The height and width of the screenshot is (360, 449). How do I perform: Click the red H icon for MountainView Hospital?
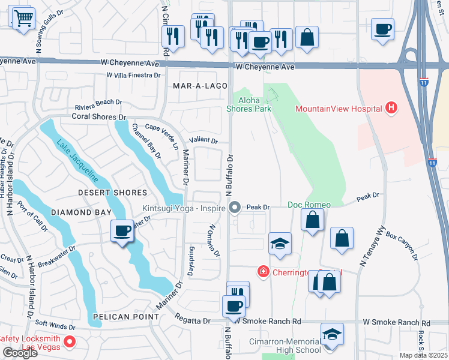pos(392,108)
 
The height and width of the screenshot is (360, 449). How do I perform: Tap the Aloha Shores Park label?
pos(249,104)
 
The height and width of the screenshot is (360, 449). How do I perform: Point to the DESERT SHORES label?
pos(112,193)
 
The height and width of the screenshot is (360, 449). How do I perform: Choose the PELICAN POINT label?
pos(121,316)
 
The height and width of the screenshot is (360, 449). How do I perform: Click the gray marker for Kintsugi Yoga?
pos(235,208)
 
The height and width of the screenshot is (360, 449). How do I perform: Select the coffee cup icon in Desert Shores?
pos(122,231)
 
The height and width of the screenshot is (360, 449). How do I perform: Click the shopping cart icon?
pos(23,20)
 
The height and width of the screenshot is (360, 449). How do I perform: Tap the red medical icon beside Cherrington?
pos(263,272)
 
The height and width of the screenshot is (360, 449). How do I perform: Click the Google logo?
pos(20,353)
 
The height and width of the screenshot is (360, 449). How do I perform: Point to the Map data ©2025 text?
pos(423,355)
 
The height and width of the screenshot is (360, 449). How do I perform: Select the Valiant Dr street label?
pos(203,140)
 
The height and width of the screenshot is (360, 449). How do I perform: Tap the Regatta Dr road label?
pos(193,320)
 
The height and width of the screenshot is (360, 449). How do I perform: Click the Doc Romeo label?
pos(309,205)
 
